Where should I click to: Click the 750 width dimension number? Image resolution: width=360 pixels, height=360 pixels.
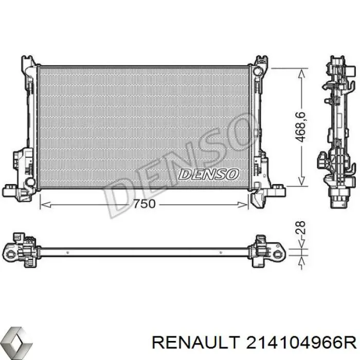[144, 204]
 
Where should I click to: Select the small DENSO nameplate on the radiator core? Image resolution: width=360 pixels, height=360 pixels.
[208, 174]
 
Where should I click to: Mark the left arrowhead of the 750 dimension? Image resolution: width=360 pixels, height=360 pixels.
[44, 204]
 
